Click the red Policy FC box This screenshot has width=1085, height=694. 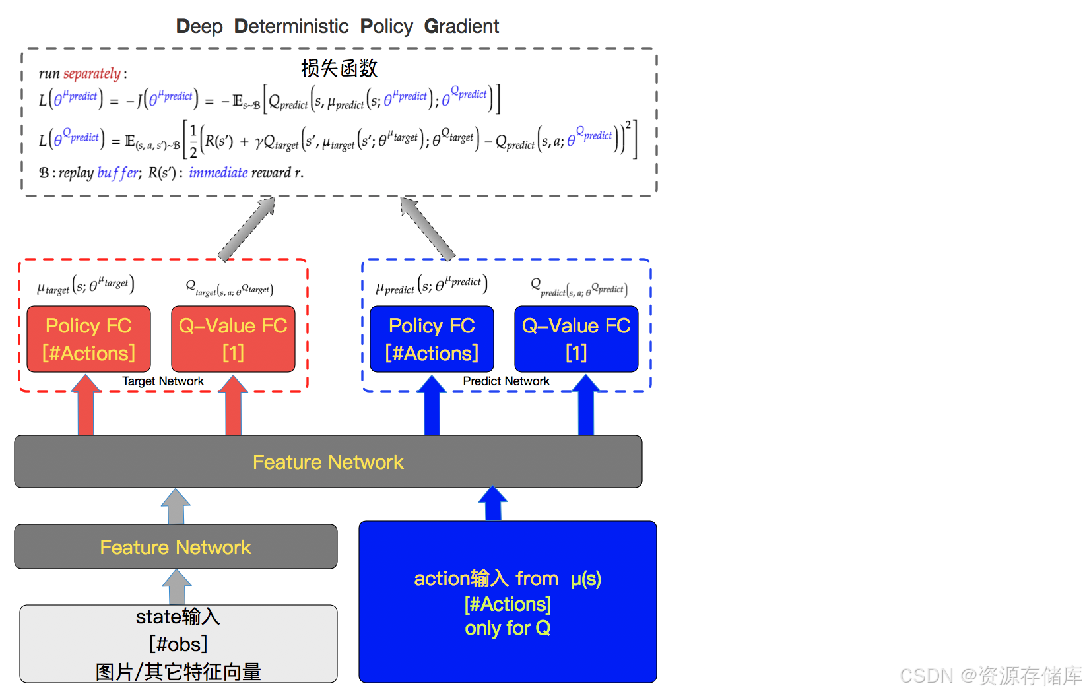(88, 339)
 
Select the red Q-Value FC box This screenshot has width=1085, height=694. (233, 339)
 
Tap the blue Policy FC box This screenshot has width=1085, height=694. (432, 339)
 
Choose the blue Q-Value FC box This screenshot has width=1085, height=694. (576, 339)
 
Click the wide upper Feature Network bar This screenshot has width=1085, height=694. (328, 462)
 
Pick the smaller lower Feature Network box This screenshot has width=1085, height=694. (176, 547)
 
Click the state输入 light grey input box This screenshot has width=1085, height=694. (178, 644)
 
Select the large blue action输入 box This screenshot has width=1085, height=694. (508, 602)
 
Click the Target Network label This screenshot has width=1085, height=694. (163, 381)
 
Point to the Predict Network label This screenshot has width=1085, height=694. (506, 381)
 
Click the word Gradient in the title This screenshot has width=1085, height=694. (461, 26)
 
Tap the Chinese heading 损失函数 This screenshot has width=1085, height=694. (339, 68)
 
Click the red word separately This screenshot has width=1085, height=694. (92, 73)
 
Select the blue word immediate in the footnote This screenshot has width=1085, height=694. (218, 173)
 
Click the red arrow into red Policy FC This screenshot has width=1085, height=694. (86, 406)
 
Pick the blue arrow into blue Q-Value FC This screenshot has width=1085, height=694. (585, 406)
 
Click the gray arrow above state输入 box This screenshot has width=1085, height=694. (177, 587)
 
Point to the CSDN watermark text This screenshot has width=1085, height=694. (990, 676)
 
